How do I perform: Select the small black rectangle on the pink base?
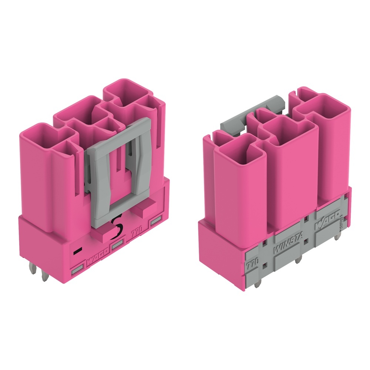[77, 251]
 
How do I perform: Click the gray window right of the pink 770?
[156, 222]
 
